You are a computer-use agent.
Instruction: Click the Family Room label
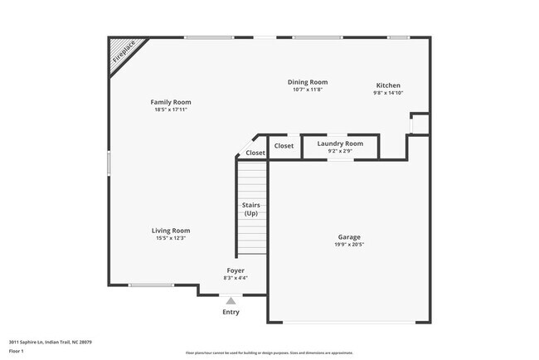[x=176, y=102]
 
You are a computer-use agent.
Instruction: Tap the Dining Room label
[x=308, y=82]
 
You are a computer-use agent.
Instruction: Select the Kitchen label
[x=388, y=85]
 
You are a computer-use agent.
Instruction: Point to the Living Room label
[x=171, y=231]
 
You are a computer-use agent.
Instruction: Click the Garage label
[x=349, y=236]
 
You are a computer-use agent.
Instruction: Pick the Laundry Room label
[x=340, y=144]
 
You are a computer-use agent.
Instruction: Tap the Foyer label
[x=236, y=270]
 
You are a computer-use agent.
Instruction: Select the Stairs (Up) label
[x=251, y=208]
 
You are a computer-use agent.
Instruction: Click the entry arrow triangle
[x=231, y=301]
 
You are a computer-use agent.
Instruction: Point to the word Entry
[x=231, y=312]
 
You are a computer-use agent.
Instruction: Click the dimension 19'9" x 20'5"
[x=349, y=245]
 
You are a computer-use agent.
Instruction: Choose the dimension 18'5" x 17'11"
[x=176, y=110]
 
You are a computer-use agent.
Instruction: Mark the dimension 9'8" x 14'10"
[x=388, y=94]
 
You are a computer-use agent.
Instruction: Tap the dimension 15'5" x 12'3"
[x=171, y=239]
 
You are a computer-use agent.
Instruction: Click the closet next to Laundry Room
[x=284, y=146]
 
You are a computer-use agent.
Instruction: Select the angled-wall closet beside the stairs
[x=255, y=153]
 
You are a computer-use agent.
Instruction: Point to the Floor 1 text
[x=17, y=351]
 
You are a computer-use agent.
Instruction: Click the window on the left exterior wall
[x=108, y=162]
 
